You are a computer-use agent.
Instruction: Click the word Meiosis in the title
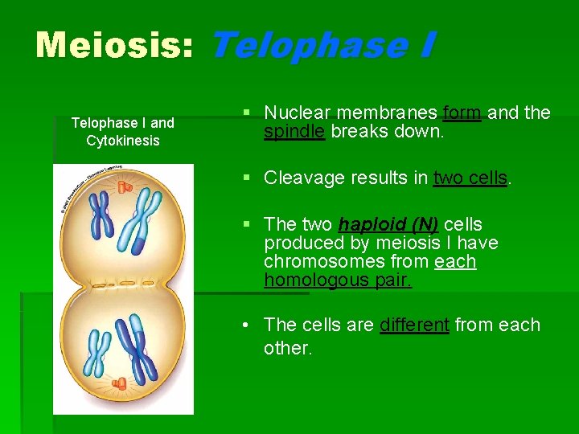[113, 45]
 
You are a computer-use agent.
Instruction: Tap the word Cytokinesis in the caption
[123, 141]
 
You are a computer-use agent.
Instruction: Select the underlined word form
[462, 113]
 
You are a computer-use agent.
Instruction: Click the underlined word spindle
[294, 132]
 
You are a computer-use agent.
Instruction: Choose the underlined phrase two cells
[470, 178]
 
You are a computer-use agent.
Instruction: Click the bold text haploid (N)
[388, 224]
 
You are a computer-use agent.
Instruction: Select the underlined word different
[414, 325]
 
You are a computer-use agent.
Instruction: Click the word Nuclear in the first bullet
[297, 113]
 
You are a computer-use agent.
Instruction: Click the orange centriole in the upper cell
[124, 187]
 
